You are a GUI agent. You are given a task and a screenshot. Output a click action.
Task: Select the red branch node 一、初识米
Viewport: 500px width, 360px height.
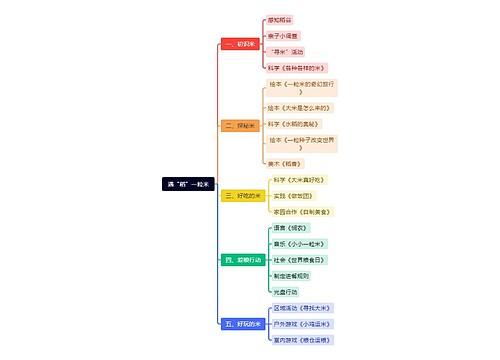coord(239,45)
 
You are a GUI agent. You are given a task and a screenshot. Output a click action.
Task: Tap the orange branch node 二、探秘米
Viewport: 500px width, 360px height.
coord(240,125)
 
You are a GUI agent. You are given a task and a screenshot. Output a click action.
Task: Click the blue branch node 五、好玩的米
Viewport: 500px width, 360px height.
coord(243,324)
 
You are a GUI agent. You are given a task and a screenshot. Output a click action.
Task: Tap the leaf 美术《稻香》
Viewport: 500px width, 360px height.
coord(285,161)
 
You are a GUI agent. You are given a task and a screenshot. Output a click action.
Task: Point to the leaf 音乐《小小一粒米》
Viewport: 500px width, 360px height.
coord(299,243)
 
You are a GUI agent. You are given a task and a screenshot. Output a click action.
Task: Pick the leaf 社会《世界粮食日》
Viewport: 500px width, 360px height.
coord(299,260)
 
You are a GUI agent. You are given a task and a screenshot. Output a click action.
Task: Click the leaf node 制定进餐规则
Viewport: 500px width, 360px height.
coord(291,276)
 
